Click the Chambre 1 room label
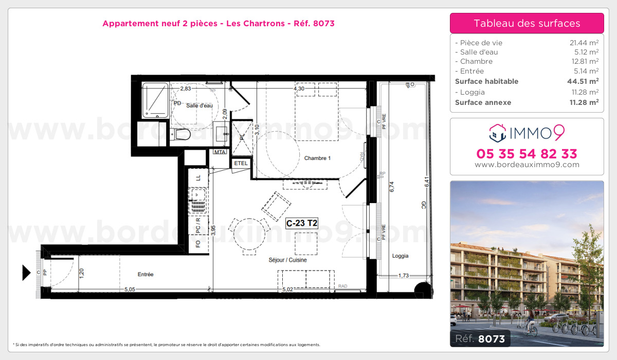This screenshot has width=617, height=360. pyautogui.click(x=317, y=158)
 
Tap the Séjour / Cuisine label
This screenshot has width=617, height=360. pyautogui.click(x=287, y=260)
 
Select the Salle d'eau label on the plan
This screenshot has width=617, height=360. pyautogui.click(x=199, y=105)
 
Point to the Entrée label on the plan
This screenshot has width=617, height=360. pyautogui.click(x=146, y=275)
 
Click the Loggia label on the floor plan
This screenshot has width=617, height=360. pyautogui.click(x=401, y=256)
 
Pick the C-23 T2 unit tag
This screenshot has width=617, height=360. pyautogui.click(x=302, y=223)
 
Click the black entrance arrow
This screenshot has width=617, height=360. pyautogui.click(x=26, y=272)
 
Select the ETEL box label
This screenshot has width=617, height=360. pyautogui.click(x=241, y=163)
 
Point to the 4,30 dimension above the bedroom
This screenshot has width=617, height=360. pyautogui.click(x=299, y=88)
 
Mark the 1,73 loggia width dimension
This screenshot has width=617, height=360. pyautogui.click(x=404, y=276)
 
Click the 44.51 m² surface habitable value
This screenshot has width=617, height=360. pyautogui.click(x=586, y=81)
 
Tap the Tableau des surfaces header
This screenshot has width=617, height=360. pyautogui.click(x=527, y=23)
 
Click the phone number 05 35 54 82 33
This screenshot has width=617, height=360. pyautogui.click(x=527, y=153)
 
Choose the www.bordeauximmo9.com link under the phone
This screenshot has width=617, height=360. pyautogui.click(x=527, y=165)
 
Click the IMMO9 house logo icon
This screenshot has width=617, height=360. pyautogui.click(x=497, y=133)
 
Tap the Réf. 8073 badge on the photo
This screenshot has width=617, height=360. pyautogui.click(x=481, y=338)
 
